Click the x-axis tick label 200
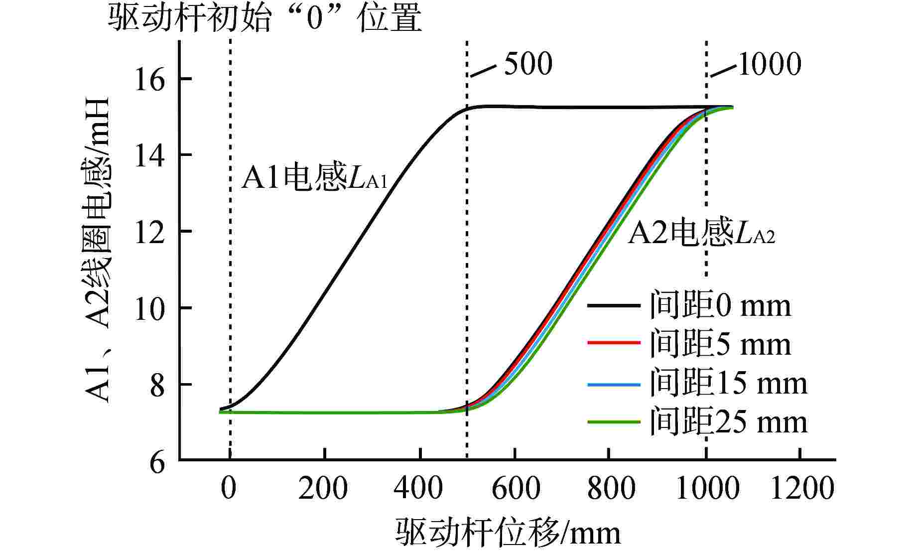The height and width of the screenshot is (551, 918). (323, 488)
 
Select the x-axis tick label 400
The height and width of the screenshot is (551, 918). (418, 488)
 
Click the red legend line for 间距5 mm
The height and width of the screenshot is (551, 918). (613, 343)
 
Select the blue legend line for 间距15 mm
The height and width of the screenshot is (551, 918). (613, 384)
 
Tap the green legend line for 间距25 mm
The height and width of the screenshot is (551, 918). (613, 422)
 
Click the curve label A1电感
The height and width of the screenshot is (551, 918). (314, 179)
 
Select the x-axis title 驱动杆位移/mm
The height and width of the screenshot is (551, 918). (509, 533)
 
